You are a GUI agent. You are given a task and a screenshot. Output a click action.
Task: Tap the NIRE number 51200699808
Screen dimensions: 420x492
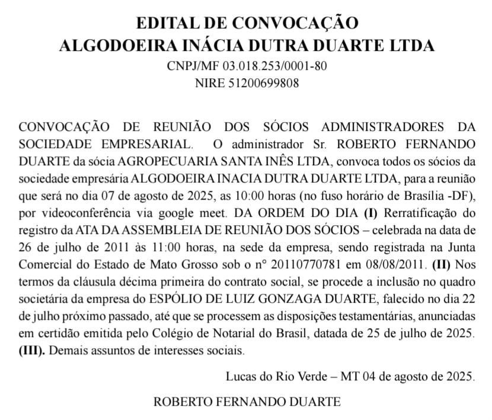tap(264, 83)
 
